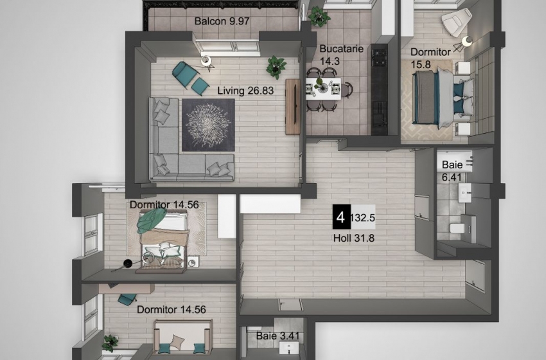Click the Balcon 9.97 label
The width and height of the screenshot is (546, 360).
coord(222,21)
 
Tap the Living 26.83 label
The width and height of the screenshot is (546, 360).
coord(245,91)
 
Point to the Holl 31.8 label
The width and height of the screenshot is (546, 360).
coord(354,239)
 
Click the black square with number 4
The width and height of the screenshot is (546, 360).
coord(341,217)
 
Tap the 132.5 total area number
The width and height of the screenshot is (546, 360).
coord(362,218)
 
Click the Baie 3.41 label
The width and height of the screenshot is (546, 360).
coord(277,336)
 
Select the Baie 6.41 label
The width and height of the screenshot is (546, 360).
coord(452,171)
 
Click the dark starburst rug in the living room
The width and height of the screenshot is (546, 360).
coord(208,125)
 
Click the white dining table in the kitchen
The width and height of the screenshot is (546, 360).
coord(323,89)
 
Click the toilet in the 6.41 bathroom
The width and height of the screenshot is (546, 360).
coord(457,228)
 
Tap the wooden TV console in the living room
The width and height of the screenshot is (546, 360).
coord(292,107)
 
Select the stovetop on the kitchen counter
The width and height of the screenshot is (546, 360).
coord(379,57)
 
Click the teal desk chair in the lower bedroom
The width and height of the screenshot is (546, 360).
coord(127,299)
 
